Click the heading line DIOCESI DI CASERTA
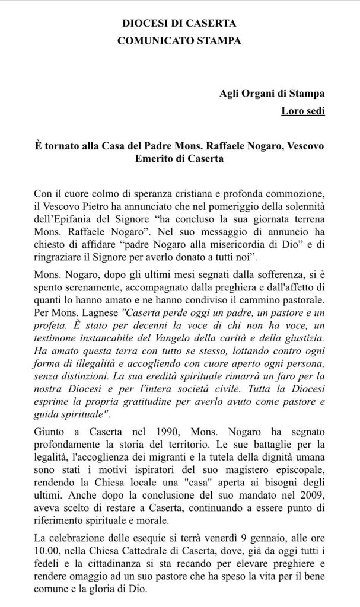pos(179,24)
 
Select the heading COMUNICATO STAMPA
pos(179,41)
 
